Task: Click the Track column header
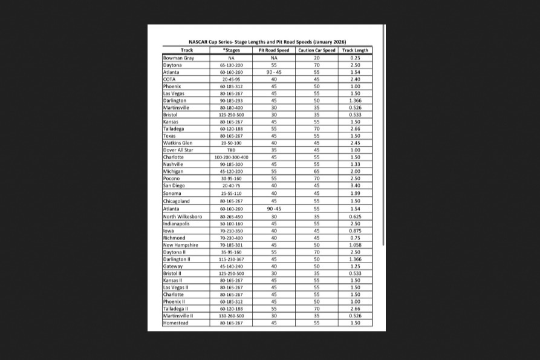186,50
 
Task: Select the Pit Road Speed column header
274,50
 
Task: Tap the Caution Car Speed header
316,50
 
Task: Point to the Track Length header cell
355,50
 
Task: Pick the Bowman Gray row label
178,57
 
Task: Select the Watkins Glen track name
178,143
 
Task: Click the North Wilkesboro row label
183,216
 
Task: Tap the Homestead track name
176,323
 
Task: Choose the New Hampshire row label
181,245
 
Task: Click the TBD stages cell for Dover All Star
231,150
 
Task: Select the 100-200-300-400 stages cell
231,157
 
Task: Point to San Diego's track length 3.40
355,186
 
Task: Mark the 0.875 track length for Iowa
355,231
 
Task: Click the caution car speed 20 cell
316,57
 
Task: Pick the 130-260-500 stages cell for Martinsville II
231,316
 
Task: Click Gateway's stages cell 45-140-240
231,266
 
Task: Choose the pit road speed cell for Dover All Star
274,150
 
